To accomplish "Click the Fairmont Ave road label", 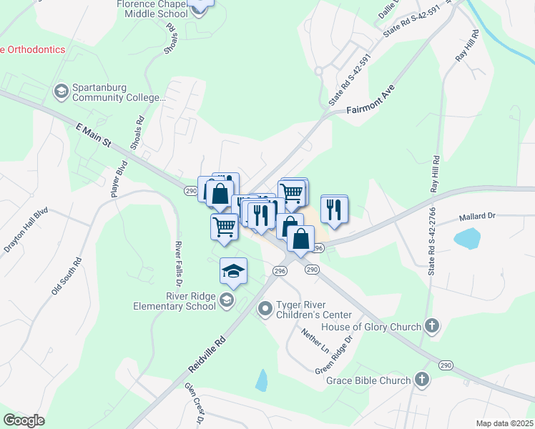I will click(x=370, y=101).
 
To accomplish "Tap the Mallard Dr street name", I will click(x=477, y=216).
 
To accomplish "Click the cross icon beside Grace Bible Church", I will click(x=422, y=380).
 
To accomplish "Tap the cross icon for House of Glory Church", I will click(x=431, y=327).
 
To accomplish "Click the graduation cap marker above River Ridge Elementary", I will click(x=233, y=271).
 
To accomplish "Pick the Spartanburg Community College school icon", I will click(x=62, y=92).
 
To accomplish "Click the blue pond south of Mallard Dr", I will click(x=467, y=238).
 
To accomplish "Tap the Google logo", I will click(x=24, y=420).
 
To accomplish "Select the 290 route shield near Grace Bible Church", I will click(x=445, y=364).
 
